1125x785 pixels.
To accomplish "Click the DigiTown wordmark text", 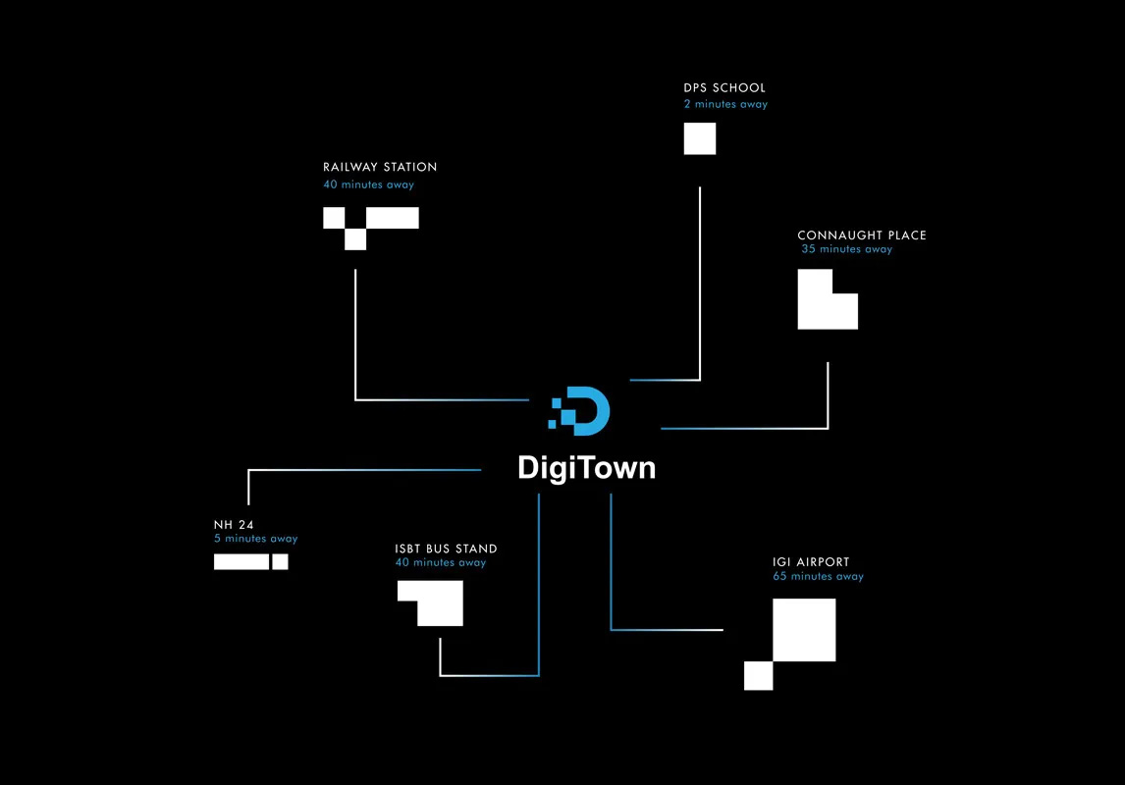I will (586, 468).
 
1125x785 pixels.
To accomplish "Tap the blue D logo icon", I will (580, 411).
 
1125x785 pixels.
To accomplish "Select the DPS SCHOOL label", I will (724, 87).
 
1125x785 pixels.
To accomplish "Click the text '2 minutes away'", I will (725, 104).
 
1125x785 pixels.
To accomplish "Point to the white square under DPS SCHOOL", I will (700, 138).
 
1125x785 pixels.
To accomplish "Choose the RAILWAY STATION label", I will (380, 167).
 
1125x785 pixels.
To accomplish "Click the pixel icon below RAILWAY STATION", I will (371, 223).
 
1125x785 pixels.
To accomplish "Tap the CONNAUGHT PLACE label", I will (861, 235).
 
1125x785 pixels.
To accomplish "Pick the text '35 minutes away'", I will (846, 249).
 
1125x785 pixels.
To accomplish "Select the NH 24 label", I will (234, 525).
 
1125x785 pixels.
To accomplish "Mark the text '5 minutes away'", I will (255, 539).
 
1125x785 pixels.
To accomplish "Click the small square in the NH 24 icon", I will (280, 562).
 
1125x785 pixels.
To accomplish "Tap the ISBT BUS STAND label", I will (446, 549).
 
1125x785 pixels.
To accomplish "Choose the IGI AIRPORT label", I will (810, 562).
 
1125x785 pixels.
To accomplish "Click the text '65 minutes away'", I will (818, 576).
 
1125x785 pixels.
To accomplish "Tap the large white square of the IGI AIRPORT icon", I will (804, 630).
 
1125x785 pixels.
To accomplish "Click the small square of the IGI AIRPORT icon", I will (759, 676).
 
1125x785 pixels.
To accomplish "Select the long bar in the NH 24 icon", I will (241, 562).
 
